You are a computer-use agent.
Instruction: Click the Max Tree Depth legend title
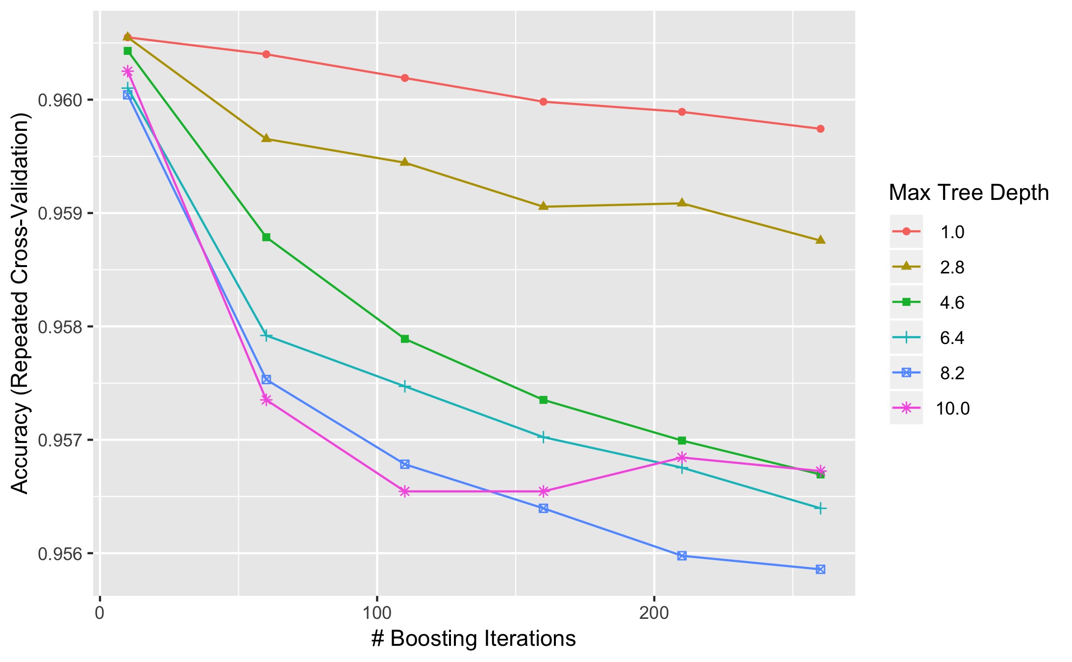969,193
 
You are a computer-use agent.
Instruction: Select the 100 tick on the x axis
376,613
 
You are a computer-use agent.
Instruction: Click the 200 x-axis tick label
654,613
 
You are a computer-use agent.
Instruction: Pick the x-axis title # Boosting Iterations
474,638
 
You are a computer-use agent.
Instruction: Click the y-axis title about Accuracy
21,303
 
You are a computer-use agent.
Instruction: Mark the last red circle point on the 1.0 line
820,129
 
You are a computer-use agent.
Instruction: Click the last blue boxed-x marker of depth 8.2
820,569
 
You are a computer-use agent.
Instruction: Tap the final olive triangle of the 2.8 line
820,240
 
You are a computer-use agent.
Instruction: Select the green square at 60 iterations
266,237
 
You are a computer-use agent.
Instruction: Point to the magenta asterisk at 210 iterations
681,458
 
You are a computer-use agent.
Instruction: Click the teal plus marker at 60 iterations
266,336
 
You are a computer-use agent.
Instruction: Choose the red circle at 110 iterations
404,78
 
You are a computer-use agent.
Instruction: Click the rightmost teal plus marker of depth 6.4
820,509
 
